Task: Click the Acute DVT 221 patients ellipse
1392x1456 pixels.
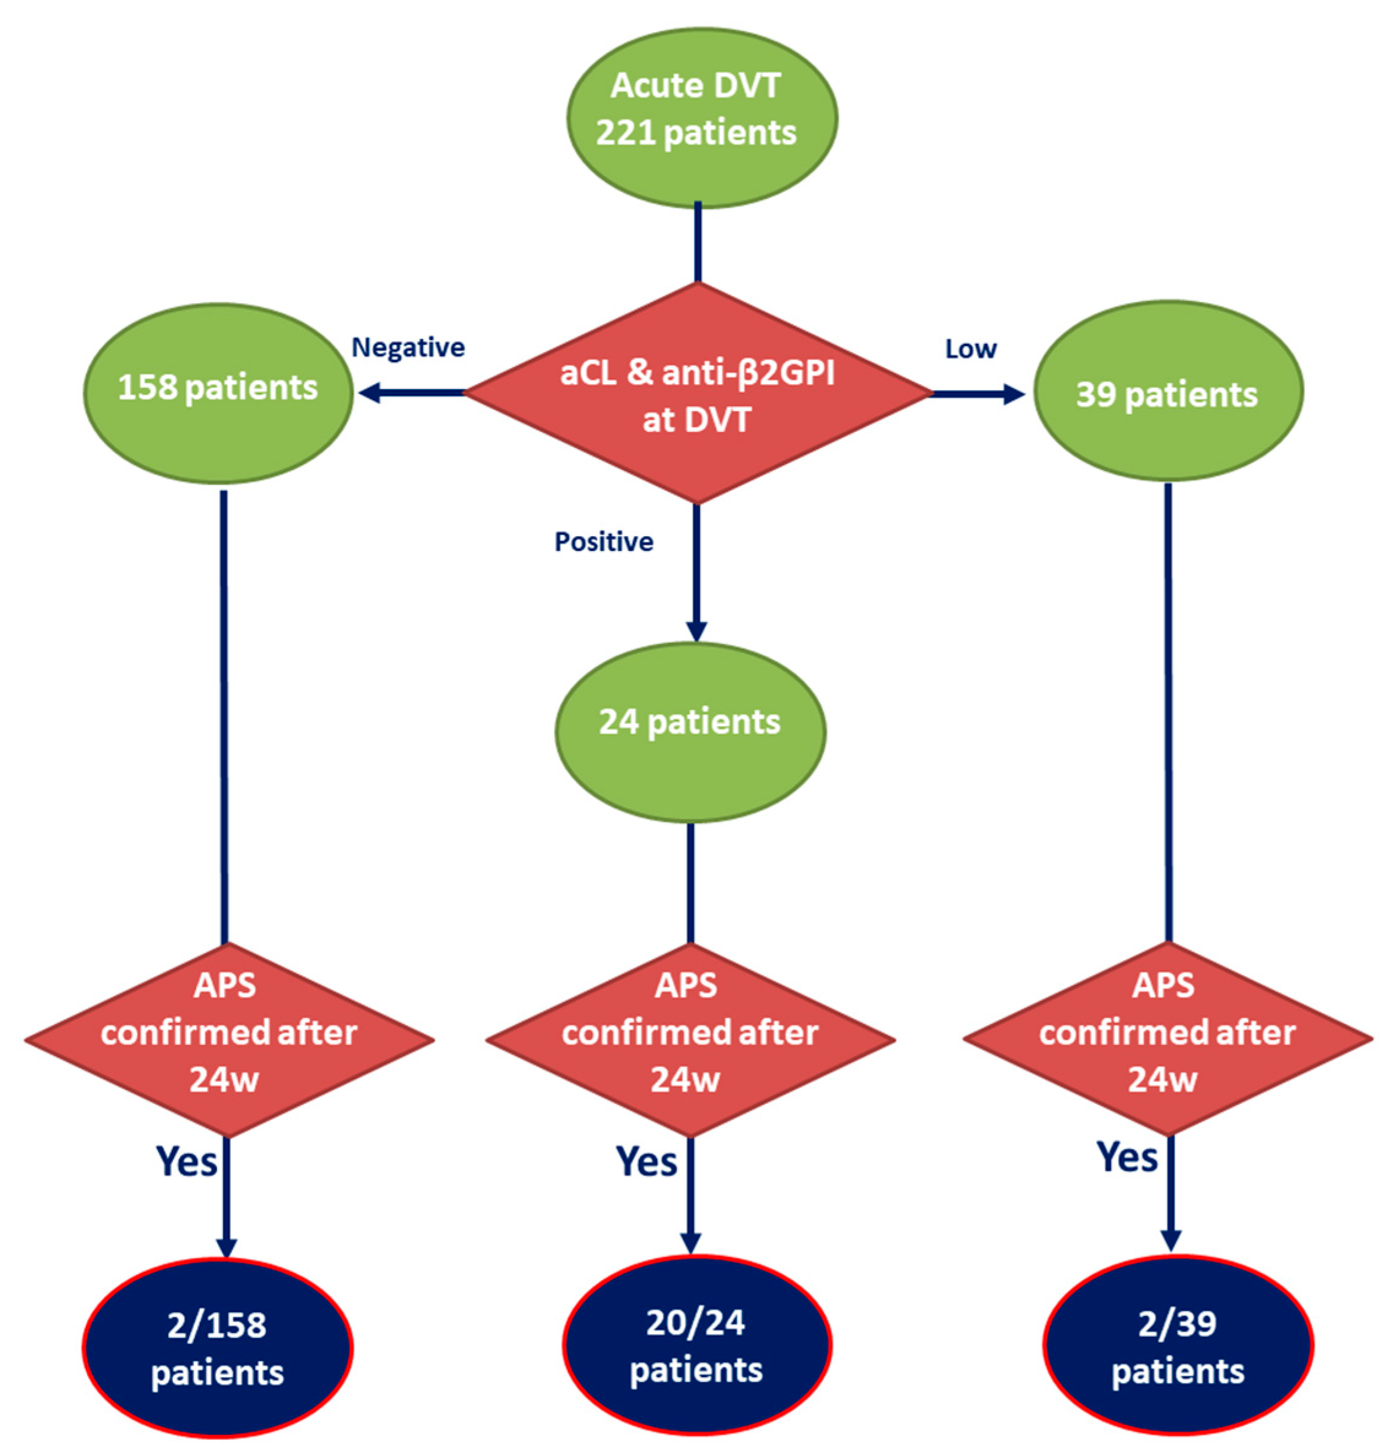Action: [701, 119]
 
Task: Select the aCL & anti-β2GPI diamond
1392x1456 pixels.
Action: [698, 394]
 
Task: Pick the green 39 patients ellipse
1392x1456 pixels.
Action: [1167, 392]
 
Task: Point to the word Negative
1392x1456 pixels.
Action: [408, 347]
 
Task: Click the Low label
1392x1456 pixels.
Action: [970, 349]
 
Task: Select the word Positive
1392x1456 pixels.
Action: [603, 542]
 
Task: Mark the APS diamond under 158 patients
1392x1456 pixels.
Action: [229, 1039]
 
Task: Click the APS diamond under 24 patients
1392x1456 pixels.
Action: [690, 1039]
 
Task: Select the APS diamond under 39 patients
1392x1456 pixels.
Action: [1167, 1039]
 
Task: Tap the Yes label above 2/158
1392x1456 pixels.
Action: [186, 1161]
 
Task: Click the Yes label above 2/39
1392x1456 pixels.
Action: [1127, 1156]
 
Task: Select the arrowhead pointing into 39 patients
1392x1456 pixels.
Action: [1014, 394]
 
